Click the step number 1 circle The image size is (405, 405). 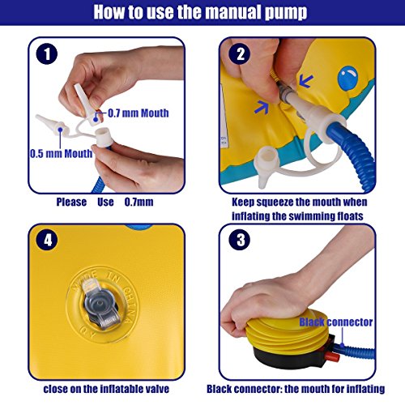[47, 53]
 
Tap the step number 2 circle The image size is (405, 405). [240, 53]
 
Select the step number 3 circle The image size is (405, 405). [240, 240]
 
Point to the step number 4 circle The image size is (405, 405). [47, 240]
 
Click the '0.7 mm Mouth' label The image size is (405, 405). [139, 113]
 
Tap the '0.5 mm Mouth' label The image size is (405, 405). [61, 154]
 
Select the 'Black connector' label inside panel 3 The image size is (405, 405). [336, 322]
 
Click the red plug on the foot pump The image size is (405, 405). [332, 357]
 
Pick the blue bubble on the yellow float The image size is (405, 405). [347, 78]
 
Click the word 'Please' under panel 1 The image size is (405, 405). [71, 202]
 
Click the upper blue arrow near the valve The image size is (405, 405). [306, 81]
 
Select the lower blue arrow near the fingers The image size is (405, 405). [261, 107]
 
